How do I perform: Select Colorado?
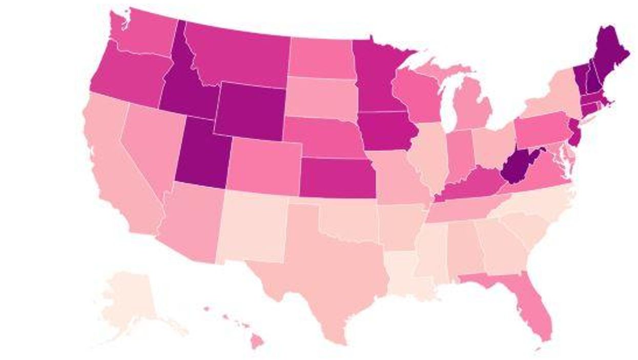264,166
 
